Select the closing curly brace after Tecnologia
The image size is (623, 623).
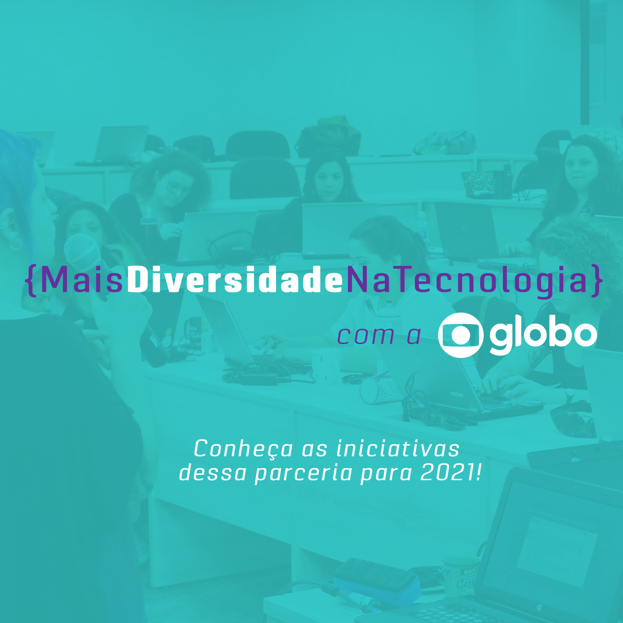tap(596, 281)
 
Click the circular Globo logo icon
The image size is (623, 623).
tap(461, 335)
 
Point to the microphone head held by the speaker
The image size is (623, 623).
tap(82, 252)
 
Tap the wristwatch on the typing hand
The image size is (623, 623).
tap(570, 393)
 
